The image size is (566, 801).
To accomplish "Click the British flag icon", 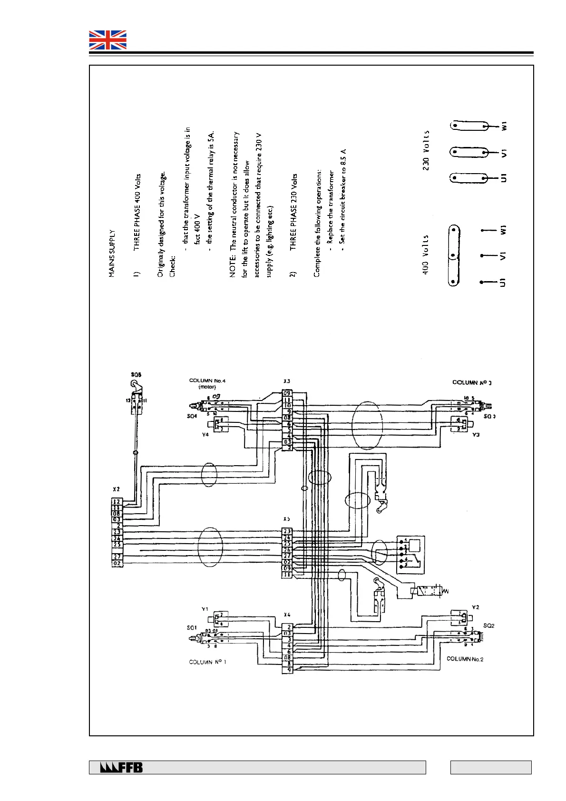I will [108, 40].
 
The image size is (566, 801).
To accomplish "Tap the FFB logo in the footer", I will [121, 767].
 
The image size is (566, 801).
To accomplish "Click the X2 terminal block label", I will [116, 489].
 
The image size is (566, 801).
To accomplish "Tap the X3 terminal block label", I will [286, 381].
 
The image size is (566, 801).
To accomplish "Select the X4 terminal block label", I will [287, 615].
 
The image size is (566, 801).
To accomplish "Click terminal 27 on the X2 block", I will [117, 556].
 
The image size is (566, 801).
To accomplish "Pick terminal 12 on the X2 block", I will [117, 501].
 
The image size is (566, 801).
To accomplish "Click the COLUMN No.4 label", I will [207, 381].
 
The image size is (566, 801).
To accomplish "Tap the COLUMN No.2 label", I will [465, 659].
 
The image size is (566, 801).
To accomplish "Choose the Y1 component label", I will [205, 609].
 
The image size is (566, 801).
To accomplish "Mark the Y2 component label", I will [475, 607].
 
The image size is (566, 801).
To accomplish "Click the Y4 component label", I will [205, 435].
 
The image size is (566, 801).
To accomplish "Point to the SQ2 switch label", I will [488, 625].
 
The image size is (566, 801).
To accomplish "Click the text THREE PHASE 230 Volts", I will [294, 212].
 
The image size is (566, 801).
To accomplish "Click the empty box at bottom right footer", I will [490, 767].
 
